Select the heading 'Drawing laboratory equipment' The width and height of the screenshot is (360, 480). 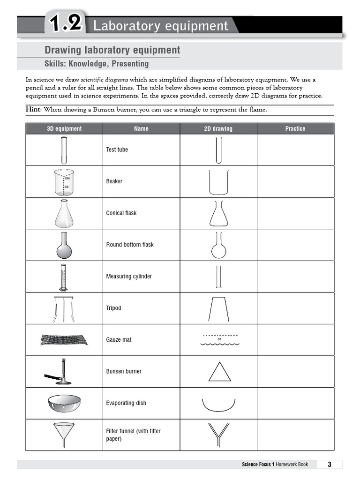(x=112, y=50)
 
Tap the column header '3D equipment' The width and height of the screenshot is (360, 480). (x=64, y=128)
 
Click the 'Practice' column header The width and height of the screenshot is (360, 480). (x=295, y=128)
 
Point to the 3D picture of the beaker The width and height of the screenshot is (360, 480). (x=64, y=182)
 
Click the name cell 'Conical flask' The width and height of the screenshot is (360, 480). (x=121, y=213)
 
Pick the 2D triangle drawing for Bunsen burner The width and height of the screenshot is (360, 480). (x=219, y=371)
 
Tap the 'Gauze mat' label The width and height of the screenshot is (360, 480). (x=119, y=339)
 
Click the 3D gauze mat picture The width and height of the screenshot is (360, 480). (x=64, y=339)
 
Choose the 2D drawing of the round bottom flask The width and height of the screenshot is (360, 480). (x=218, y=245)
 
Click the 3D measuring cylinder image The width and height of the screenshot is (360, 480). (x=62, y=277)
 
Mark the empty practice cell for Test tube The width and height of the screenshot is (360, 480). (x=295, y=150)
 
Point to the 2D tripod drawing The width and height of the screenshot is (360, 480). (x=219, y=308)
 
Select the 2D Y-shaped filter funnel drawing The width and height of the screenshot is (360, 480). (x=218, y=435)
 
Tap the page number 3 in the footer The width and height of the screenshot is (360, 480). (x=330, y=465)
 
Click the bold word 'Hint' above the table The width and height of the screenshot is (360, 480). (x=33, y=109)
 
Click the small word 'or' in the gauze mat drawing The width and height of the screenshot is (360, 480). (x=219, y=339)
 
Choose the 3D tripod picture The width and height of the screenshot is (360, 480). (x=64, y=308)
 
